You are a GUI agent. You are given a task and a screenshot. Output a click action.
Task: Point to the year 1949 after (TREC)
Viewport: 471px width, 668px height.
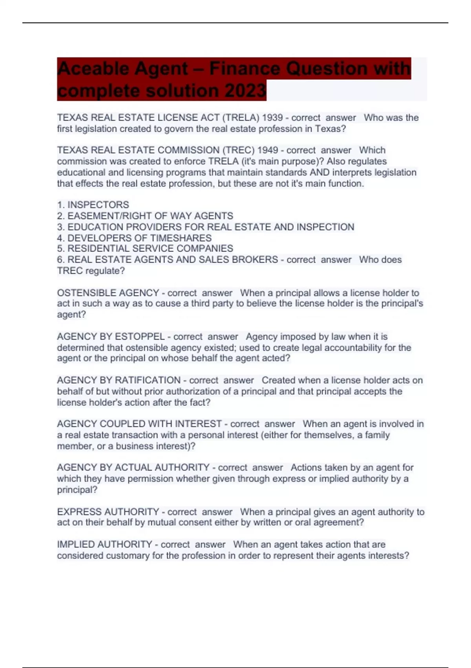[268, 150]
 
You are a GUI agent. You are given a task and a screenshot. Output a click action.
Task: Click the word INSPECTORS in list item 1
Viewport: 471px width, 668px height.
[98, 205]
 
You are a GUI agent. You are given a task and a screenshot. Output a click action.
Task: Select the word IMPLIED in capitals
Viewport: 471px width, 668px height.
[75, 544]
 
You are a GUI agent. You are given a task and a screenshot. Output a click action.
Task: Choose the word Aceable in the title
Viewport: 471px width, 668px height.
[93, 69]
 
